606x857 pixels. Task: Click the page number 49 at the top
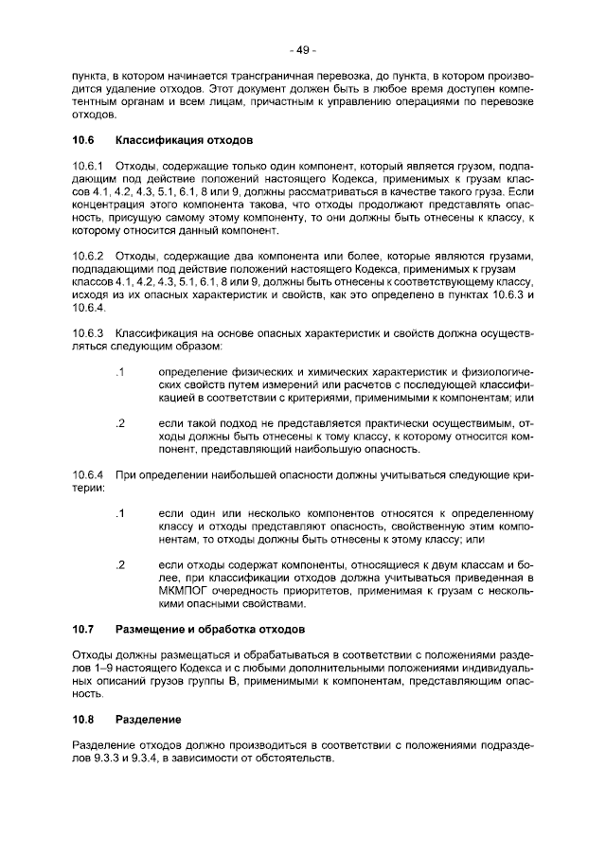pos(303,50)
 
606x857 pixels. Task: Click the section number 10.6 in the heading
pos(84,140)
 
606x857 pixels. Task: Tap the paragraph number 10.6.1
pos(88,167)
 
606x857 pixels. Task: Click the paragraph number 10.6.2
pos(88,256)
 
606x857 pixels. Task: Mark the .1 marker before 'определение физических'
pos(119,370)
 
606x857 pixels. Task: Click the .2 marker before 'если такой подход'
pos(119,421)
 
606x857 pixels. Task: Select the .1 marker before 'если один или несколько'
pos(119,511)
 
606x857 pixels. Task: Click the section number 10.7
pos(84,628)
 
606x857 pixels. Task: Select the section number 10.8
pos(84,719)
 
